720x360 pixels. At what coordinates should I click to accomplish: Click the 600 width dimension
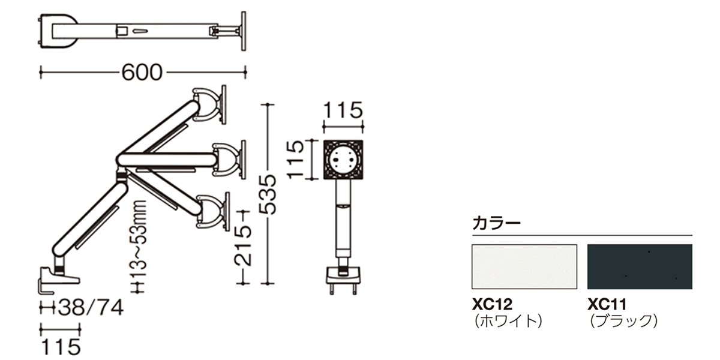142,73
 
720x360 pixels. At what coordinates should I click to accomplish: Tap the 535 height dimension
268,194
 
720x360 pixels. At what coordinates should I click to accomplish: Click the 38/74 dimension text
91,307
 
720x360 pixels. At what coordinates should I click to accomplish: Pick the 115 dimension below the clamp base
61,347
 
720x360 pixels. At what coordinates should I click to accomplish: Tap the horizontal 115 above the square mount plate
343,110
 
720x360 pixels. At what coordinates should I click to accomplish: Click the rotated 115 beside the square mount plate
295,160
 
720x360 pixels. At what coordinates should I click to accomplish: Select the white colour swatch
524,267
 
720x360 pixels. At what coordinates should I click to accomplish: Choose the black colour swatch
640,267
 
